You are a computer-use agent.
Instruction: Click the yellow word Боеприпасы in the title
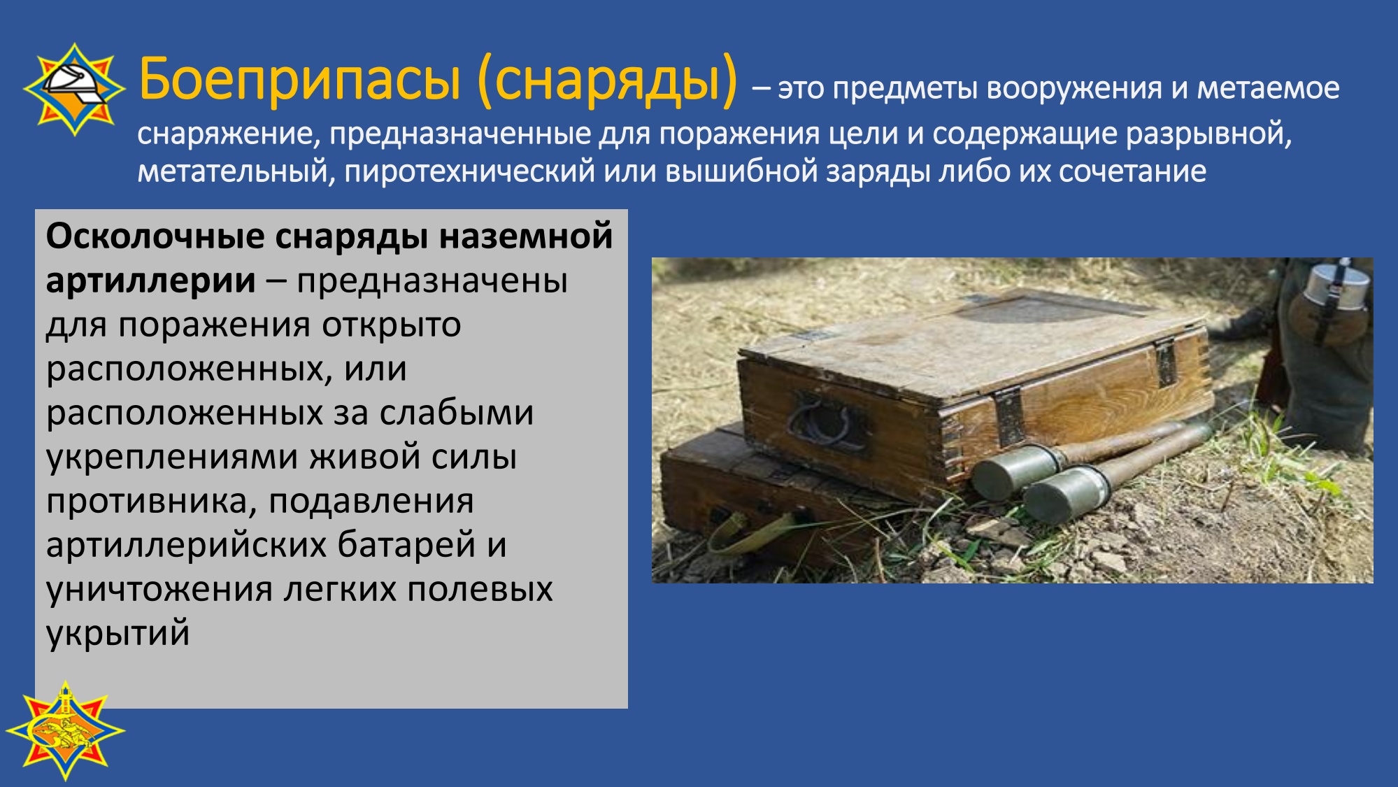(300, 79)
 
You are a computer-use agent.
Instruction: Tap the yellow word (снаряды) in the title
(608, 80)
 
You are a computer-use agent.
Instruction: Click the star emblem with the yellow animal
(65, 730)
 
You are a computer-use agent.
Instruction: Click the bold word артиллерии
(150, 281)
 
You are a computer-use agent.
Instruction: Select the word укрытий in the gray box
(118, 633)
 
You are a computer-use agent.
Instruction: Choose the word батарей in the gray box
(407, 545)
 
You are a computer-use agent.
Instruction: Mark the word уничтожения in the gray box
(159, 590)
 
